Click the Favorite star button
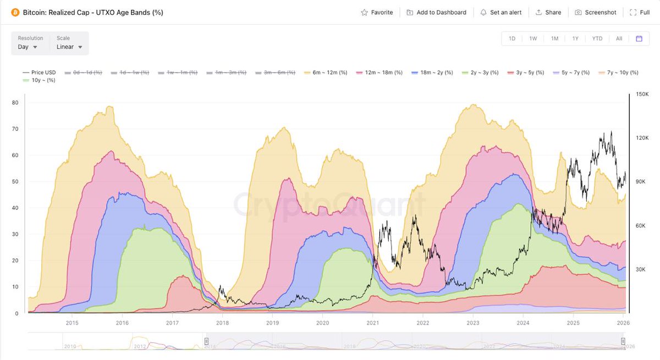click(x=377, y=12)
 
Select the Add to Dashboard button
click(x=436, y=12)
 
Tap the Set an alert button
click(x=501, y=12)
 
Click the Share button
click(x=548, y=12)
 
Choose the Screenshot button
click(x=596, y=12)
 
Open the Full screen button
click(x=640, y=12)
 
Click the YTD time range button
click(x=597, y=38)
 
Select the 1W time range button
click(x=533, y=38)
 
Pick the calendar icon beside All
click(x=639, y=38)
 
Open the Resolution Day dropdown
click(x=28, y=47)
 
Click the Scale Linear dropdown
click(x=69, y=47)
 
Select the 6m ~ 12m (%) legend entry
click(x=326, y=73)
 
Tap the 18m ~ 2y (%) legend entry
click(x=432, y=73)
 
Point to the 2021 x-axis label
click(x=373, y=323)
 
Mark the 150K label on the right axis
click(x=642, y=95)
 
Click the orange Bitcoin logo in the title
click(x=15, y=12)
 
